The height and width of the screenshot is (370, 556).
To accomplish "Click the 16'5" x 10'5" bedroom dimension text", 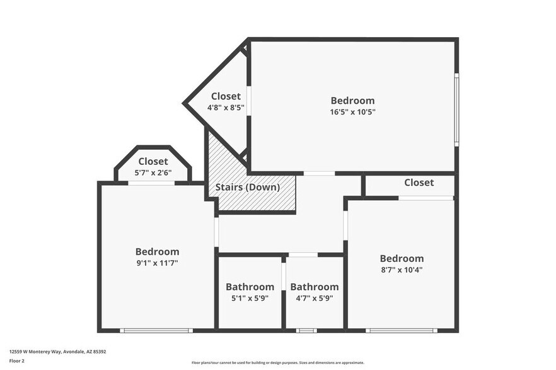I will click(352, 112).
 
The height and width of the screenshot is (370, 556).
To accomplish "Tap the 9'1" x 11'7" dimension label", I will click(157, 263).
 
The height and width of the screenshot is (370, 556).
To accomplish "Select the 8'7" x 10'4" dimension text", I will click(401, 269).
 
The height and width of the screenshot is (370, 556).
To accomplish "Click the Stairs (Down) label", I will click(247, 187).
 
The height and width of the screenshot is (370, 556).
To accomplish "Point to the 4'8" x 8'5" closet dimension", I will click(226, 108).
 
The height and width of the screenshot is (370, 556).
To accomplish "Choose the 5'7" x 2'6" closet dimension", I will click(153, 172).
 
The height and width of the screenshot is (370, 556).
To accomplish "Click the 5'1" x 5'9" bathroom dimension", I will click(250, 298).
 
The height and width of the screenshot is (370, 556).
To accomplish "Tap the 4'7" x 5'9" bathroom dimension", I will click(314, 298).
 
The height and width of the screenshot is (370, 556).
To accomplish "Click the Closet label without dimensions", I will click(419, 182).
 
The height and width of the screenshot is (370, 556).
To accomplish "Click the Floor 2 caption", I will click(16, 361).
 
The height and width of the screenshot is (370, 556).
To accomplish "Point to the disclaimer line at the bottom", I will click(277, 362).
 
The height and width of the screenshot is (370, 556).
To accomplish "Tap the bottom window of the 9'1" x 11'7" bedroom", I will click(156, 330).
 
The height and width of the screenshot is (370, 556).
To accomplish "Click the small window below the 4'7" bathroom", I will click(306, 330).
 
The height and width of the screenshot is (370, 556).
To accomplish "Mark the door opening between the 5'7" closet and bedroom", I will click(151, 183).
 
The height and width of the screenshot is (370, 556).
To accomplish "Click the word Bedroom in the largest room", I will click(352, 100).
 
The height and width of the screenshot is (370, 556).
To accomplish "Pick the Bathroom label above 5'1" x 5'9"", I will click(250, 287).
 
